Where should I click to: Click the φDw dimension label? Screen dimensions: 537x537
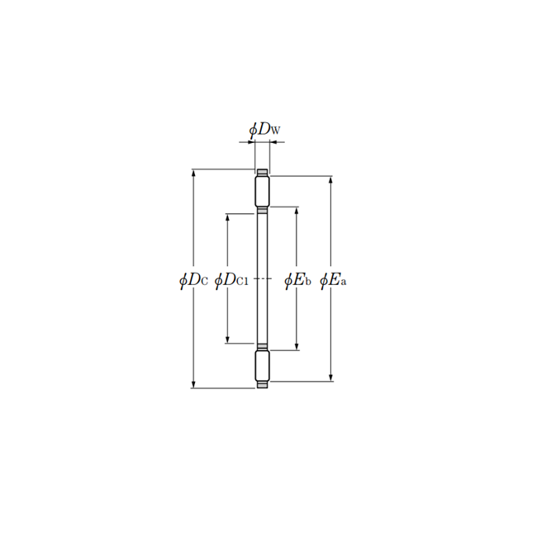coord(264,130)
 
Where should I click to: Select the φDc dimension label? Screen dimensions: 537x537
coord(192,280)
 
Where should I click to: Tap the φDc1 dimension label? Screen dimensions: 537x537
coord(230,280)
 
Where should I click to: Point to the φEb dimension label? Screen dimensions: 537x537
coord(297,280)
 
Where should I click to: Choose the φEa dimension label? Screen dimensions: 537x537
coord(332,280)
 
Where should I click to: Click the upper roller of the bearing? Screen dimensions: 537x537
coord(262,192)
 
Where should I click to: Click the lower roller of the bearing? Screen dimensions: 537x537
coord(262,366)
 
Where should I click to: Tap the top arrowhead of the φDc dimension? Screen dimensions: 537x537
coord(193,173)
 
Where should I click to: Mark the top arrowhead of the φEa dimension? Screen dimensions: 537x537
coord(332,179)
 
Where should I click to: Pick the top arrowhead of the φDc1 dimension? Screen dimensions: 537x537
coord(227,217)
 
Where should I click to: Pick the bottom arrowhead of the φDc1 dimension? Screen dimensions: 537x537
coord(227,340)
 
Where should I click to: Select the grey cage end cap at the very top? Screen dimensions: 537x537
coord(262,172)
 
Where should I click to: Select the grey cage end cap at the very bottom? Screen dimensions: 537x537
coord(262,386)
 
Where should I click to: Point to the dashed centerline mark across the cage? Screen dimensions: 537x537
coord(262,280)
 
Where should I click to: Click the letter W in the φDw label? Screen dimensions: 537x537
coord(276,131)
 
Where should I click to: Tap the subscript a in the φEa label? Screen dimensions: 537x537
coord(343,283)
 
